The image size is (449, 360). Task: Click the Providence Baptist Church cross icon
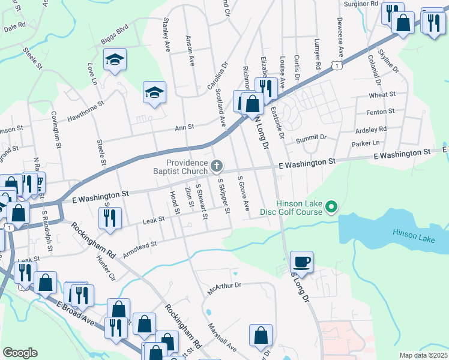[217, 165]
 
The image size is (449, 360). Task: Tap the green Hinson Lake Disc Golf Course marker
[330, 208]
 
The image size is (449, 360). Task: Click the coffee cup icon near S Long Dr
[301, 262]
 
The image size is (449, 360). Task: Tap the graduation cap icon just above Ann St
[154, 92]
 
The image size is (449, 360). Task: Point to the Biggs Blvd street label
[114, 29]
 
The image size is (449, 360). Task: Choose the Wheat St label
[382, 95]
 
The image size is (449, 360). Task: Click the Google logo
[20, 353]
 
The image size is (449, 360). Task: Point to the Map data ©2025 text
[423, 355]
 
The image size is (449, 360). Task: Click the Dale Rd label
[14, 26]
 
